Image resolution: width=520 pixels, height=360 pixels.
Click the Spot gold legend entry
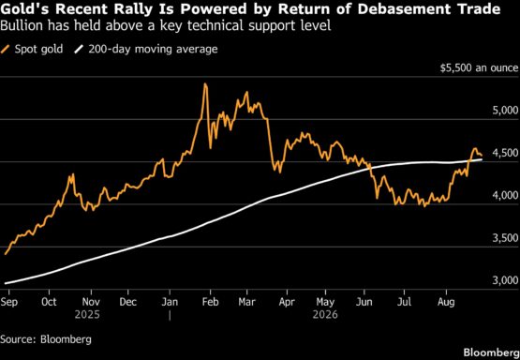32,50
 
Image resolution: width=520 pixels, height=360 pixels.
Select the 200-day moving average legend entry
146,50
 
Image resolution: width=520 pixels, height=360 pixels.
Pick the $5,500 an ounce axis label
479,67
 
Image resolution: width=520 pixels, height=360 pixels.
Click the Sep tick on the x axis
9,302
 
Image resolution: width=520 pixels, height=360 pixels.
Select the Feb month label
210,302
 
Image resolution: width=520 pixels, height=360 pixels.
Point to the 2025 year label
87,315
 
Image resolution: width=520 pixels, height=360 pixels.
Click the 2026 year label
325,315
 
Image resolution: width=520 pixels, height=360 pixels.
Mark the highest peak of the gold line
205,83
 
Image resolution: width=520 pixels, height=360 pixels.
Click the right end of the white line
482,159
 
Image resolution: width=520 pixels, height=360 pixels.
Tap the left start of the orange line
5,254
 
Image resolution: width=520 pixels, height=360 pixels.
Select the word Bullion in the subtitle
21,25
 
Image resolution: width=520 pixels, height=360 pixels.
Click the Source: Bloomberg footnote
46,339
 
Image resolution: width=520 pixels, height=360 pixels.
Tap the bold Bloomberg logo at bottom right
491,352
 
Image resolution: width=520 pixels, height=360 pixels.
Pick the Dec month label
128,302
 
